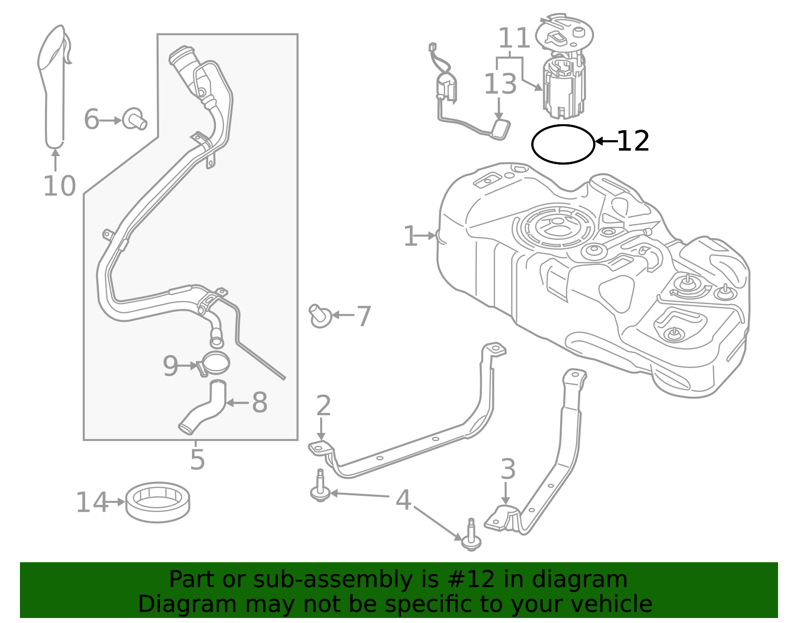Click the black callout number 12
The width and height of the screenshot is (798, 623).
point(633,142)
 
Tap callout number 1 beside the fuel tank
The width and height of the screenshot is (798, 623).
point(409,236)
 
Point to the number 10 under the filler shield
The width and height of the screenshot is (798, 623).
point(59,187)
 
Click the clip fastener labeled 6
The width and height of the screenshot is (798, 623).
point(134,119)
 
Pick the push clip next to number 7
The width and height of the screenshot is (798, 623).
point(320,316)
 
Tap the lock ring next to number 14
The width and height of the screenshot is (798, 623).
point(158,502)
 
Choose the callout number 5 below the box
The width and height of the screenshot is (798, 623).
point(198,460)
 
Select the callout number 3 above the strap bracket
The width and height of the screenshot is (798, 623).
point(508,470)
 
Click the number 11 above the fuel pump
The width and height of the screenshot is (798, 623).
point(514,38)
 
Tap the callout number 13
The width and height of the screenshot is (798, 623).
point(500,84)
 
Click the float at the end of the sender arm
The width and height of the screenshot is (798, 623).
point(501,129)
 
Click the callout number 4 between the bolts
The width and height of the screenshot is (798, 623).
point(403,500)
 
